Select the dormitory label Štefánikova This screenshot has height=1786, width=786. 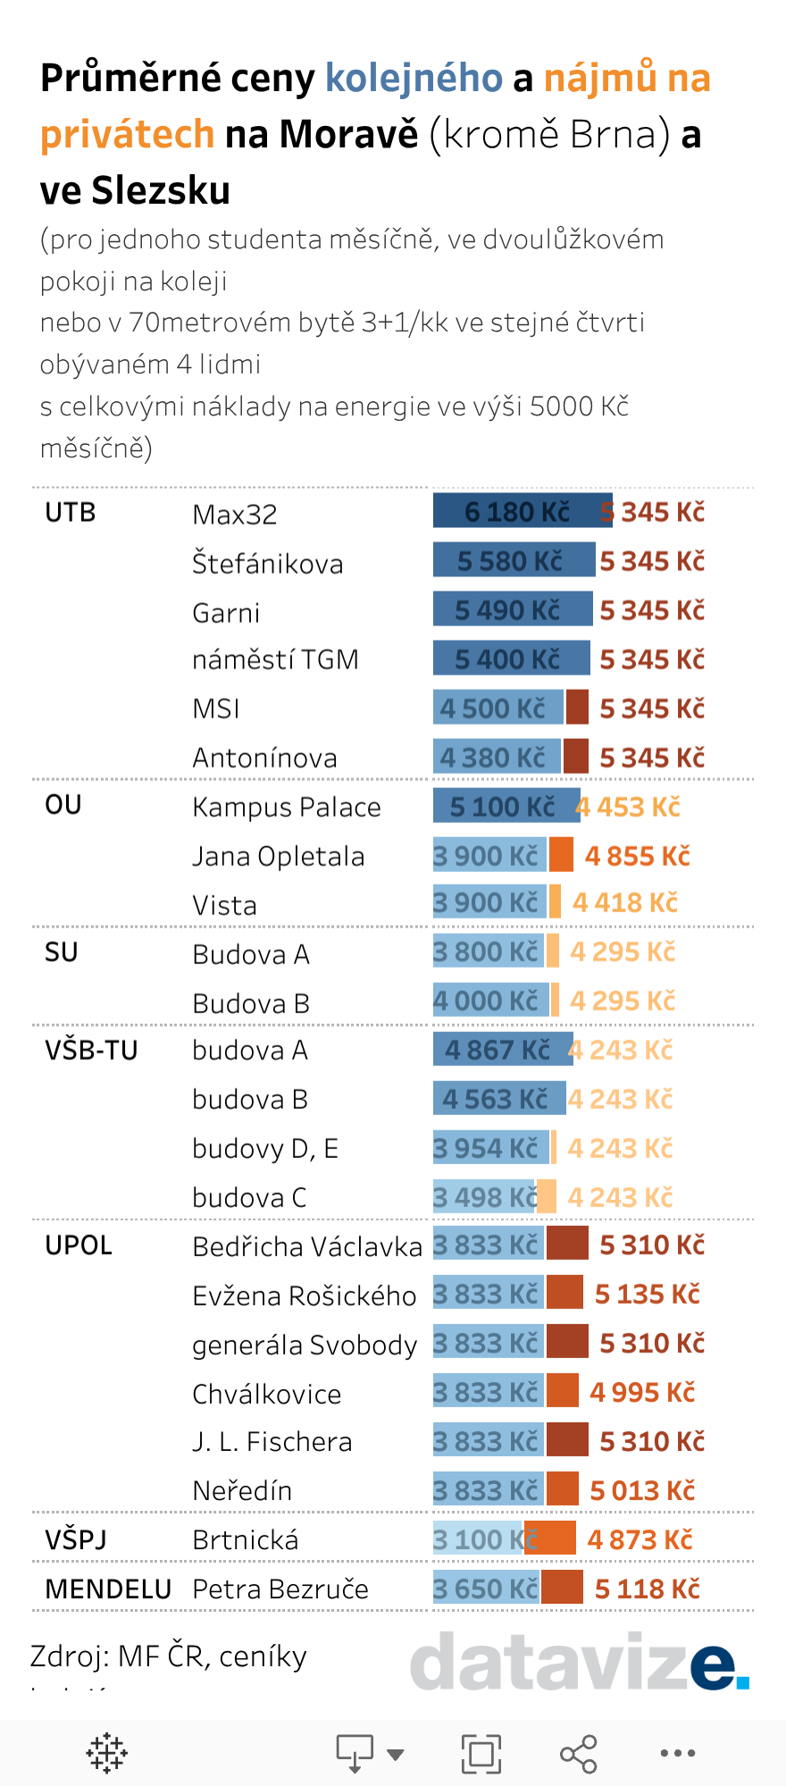[x=267, y=564]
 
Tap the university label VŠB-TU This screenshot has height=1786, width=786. [x=91, y=1050]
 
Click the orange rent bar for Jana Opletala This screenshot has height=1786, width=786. [x=561, y=855]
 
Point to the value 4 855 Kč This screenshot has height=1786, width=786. [x=638, y=856]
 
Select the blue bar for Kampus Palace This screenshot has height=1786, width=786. [x=505, y=806]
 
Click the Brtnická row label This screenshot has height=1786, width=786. [x=246, y=1539]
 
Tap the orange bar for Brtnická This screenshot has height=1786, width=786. [x=550, y=1539]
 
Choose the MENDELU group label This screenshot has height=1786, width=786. [x=108, y=1589]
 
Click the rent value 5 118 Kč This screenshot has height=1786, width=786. [x=647, y=1589]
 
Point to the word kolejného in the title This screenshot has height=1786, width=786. [x=414, y=78]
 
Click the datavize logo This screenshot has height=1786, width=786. [x=579, y=1660]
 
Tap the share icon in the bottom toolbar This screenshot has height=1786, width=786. [x=578, y=1753]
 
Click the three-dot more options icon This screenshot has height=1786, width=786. [x=677, y=1753]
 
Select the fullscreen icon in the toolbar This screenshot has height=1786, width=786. [x=481, y=1753]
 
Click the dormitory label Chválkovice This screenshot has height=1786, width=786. [x=266, y=1394]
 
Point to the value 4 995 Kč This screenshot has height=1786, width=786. [x=642, y=1392]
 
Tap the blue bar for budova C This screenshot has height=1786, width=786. [x=484, y=1196]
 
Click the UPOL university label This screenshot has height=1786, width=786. [x=79, y=1245]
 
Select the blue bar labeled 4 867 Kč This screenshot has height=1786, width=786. [x=502, y=1049]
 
